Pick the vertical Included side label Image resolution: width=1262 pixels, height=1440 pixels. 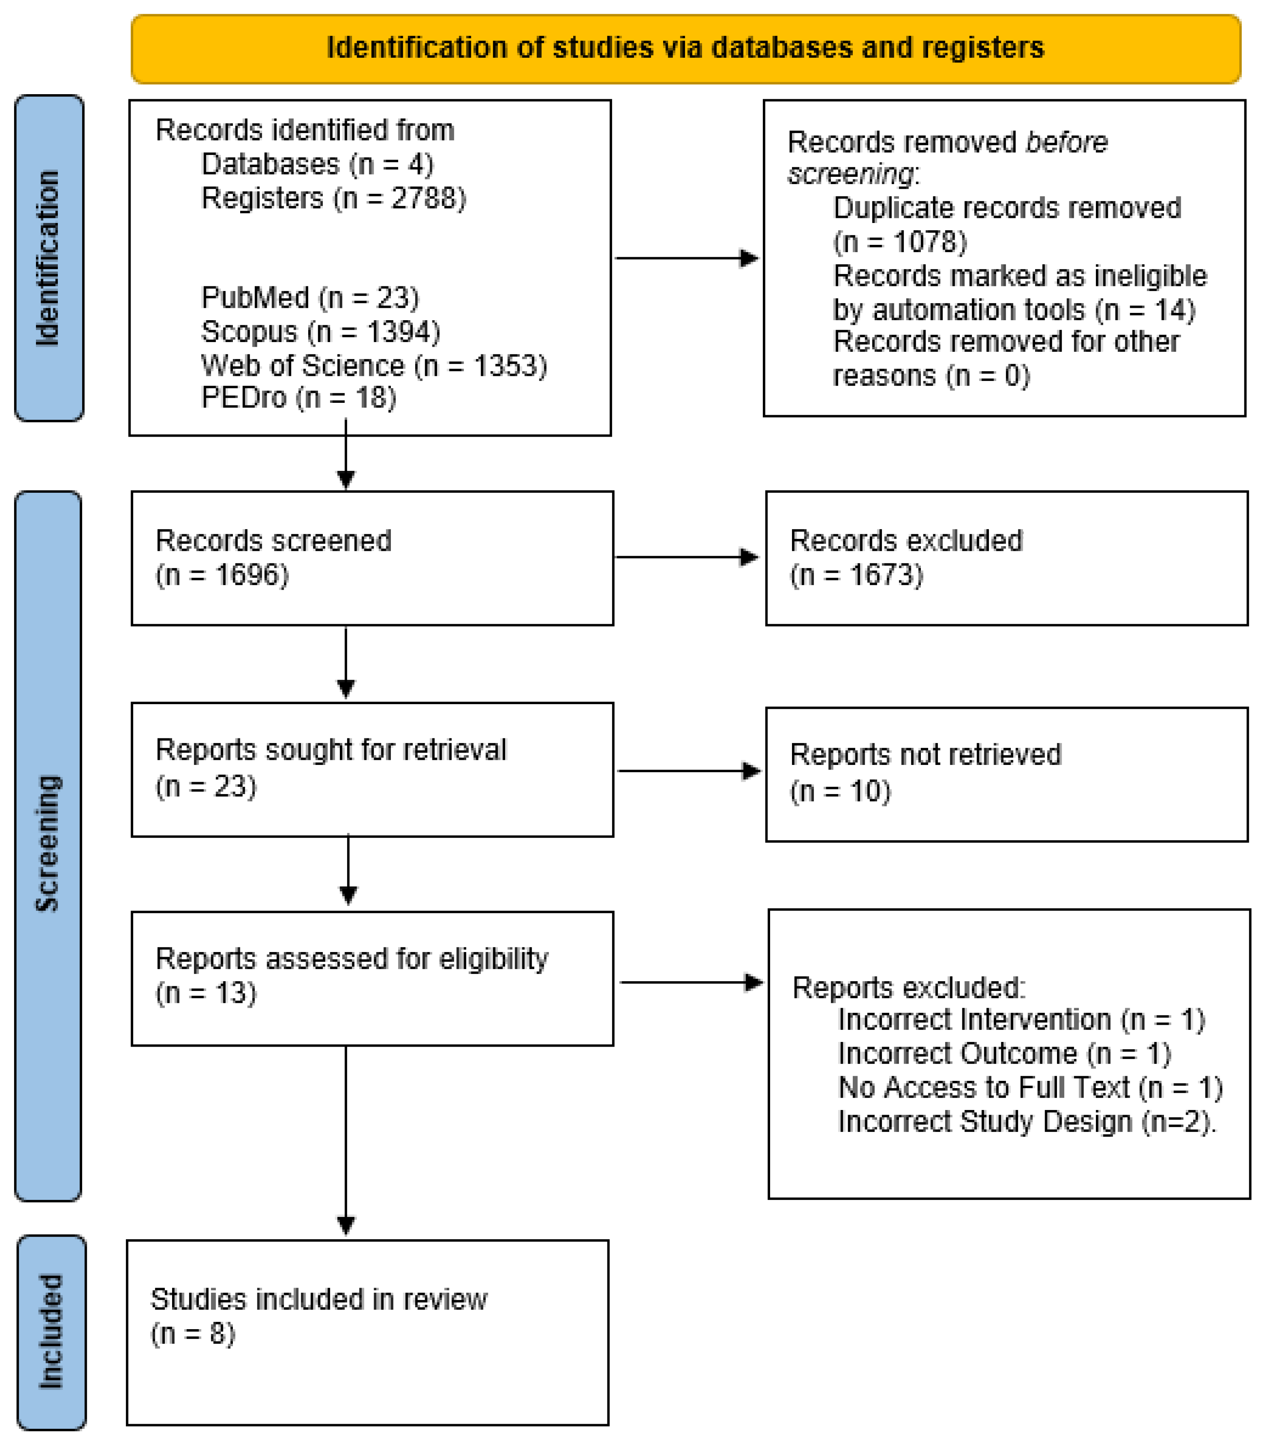click(x=51, y=1331)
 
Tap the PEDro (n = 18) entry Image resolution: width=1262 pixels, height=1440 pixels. click(x=299, y=398)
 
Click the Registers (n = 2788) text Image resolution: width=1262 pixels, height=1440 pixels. click(x=333, y=198)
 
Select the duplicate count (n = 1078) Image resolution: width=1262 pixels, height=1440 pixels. click(x=899, y=242)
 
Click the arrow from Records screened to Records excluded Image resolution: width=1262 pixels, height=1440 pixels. click(x=687, y=557)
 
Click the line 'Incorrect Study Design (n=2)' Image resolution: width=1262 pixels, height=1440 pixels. click(x=1026, y=1122)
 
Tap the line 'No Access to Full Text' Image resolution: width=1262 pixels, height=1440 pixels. click(x=1030, y=1088)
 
